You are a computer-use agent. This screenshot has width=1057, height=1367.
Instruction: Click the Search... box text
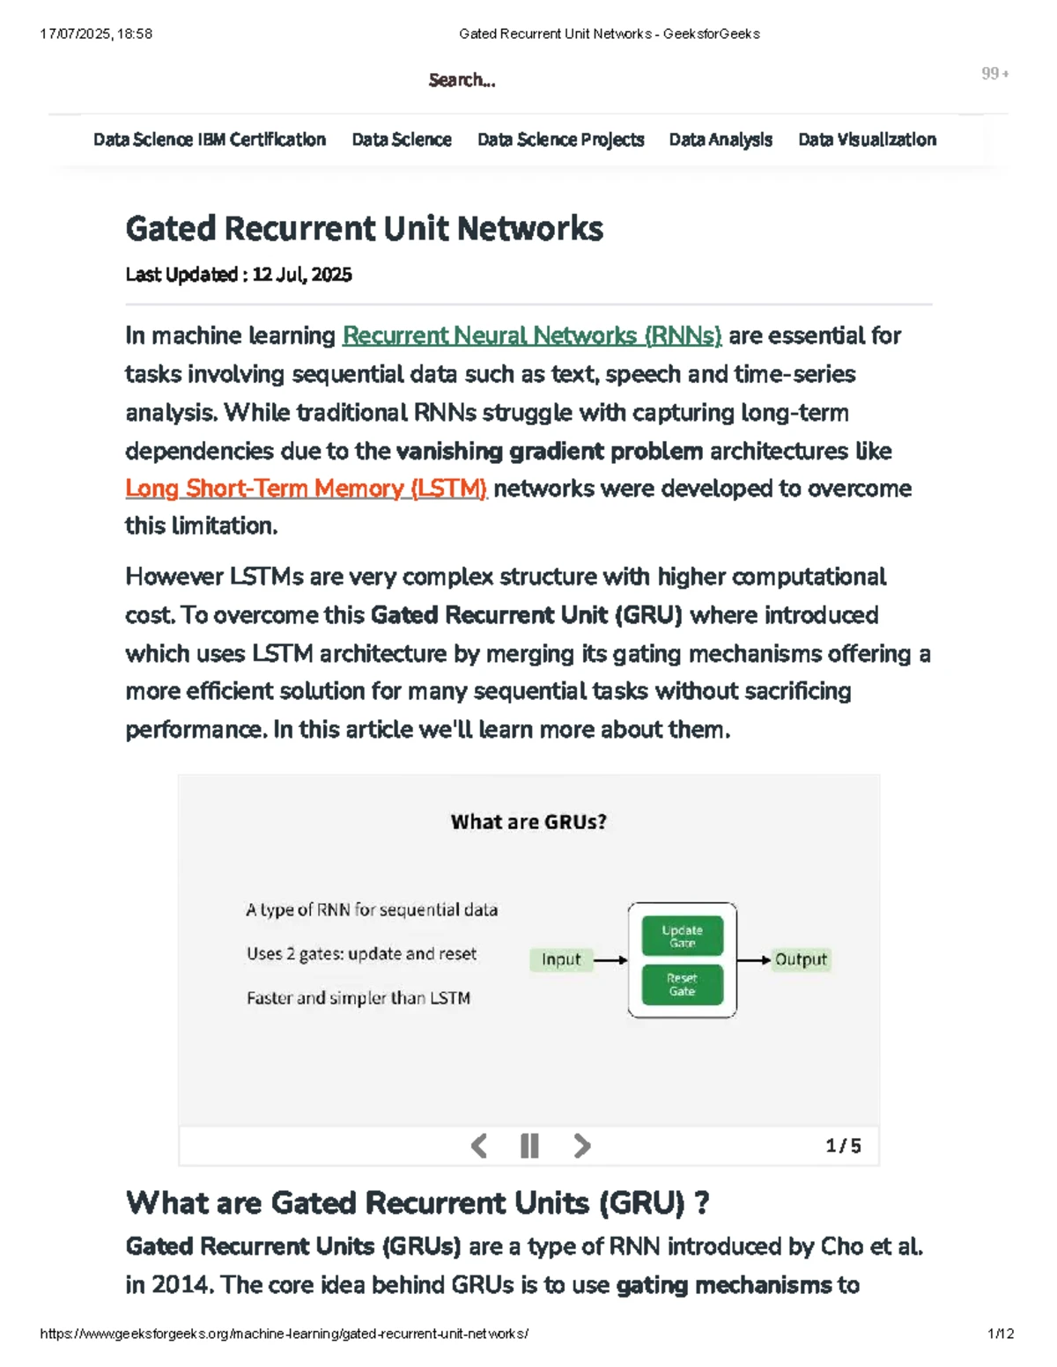point(462,80)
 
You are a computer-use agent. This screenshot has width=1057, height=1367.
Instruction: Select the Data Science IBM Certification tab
point(210,139)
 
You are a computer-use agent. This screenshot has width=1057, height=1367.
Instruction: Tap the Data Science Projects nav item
point(560,140)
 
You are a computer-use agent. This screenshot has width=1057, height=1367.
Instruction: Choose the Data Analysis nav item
point(721,140)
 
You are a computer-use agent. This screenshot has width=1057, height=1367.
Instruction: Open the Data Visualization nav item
point(867,139)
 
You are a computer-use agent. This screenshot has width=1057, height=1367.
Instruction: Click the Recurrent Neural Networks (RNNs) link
point(532,336)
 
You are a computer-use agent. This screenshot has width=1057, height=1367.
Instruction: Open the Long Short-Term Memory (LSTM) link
point(306,489)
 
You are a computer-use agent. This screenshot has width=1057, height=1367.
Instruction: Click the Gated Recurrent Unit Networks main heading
point(365,228)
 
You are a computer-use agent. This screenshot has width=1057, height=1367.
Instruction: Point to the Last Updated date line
point(239,275)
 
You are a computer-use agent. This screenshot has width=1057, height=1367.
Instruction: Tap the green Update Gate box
point(682,936)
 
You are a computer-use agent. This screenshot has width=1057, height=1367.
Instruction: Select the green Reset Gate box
point(682,984)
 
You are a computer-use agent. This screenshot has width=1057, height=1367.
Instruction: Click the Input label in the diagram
point(561,959)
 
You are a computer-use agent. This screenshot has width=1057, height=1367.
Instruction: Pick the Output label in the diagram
point(801,959)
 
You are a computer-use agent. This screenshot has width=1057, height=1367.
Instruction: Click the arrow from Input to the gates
point(610,960)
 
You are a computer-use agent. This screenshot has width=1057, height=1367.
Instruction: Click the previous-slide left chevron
point(478,1145)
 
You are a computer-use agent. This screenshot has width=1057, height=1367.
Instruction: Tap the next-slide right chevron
point(582,1145)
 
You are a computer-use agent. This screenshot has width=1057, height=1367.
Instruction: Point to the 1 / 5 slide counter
point(843,1145)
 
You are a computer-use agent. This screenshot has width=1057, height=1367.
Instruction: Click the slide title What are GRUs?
point(528,821)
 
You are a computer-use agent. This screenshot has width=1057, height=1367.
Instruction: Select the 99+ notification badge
point(994,74)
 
